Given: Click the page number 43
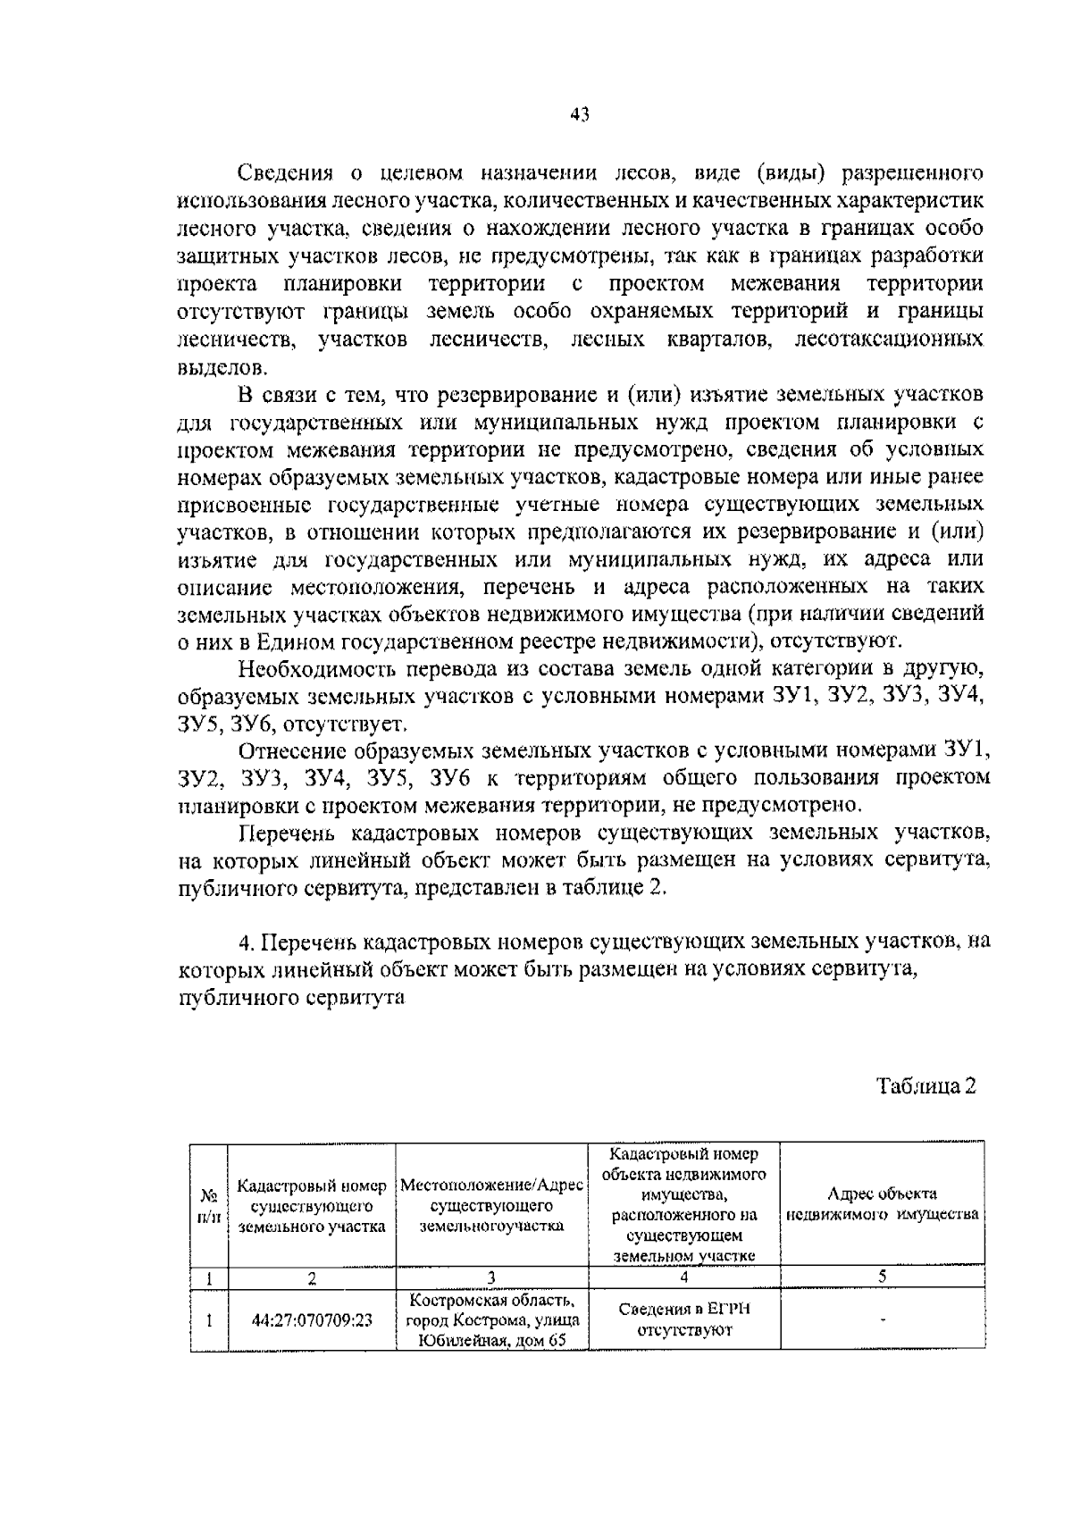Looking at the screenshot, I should coord(580,114).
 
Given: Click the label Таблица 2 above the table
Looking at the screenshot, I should coord(926,1086).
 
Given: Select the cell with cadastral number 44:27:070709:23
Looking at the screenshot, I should coord(312,1319).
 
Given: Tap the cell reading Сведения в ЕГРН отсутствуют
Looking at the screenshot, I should coord(684,1319).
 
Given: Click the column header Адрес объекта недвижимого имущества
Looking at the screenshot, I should coord(883,1205).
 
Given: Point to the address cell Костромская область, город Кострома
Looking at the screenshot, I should coord(492,1319).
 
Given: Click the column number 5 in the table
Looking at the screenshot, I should coord(882,1277).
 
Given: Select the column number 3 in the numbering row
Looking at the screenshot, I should coord(491,1277).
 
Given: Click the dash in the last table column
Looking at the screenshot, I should coord(883,1319).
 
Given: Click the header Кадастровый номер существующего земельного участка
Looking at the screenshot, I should coord(312,1205).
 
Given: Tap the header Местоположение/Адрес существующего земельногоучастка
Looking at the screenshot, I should coord(491,1205).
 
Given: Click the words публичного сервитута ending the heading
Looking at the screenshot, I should coord(292,998).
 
